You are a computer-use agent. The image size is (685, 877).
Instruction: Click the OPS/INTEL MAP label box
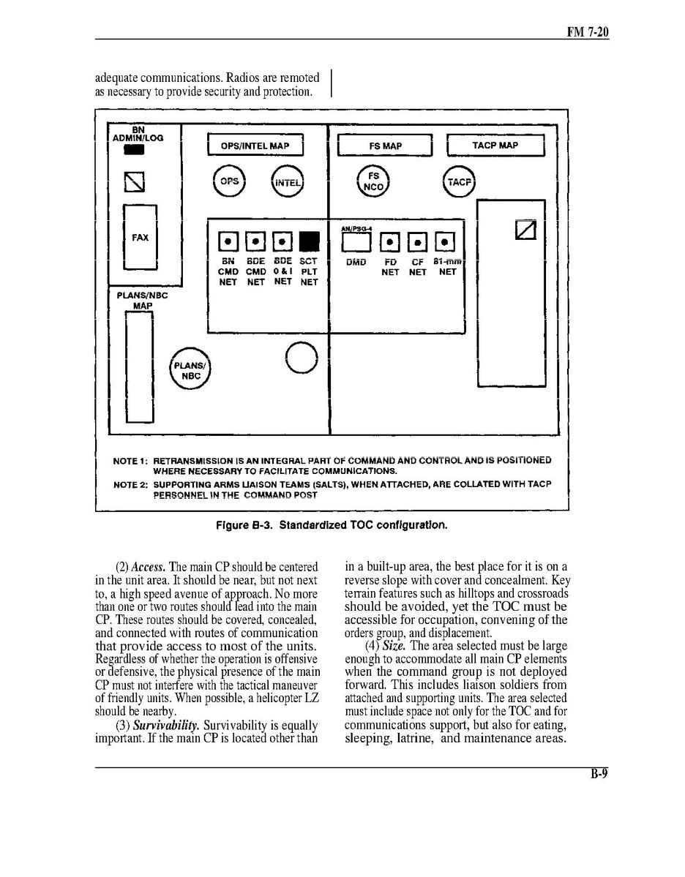coord(255,146)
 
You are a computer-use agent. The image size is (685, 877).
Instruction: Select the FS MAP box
coord(386,146)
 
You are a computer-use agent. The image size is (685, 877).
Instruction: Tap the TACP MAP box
coord(495,146)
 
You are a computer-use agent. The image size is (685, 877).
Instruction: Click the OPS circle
coord(230,181)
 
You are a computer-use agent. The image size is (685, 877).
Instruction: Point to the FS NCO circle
coord(373,181)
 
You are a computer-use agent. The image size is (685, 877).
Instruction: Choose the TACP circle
coord(459,182)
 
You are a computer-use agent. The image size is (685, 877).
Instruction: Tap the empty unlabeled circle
coord(302,358)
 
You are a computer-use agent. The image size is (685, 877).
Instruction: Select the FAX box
coord(140,238)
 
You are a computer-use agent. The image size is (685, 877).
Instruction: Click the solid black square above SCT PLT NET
coord(310,241)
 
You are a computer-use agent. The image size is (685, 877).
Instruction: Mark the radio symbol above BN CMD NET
coord(228,241)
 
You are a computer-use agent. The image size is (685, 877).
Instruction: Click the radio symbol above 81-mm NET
coord(445,241)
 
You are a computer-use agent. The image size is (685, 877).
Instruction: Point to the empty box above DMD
coord(355,241)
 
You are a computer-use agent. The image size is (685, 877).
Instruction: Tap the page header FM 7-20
coord(588,32)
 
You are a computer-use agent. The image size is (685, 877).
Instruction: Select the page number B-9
coord(599,776)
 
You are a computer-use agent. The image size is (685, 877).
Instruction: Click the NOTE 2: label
coord(130,484)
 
